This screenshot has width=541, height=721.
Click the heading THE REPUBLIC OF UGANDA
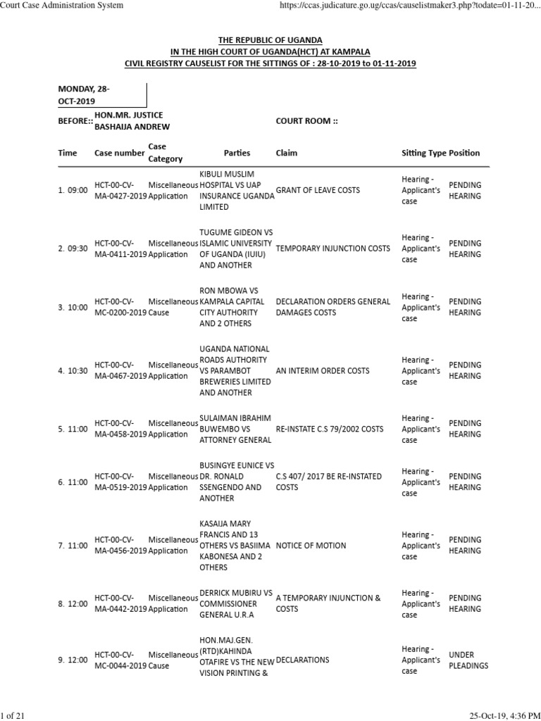pyautogui.click(x=270, y=40)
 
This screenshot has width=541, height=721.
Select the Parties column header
pyautogui.click(x=237, y=153)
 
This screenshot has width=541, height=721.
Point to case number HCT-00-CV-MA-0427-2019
pyautogui.click(x=120, y=191)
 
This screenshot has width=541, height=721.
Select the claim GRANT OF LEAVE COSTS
pyautogui.click(x=318, y=191)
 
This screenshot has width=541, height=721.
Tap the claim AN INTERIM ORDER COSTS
pyautogui.click(x=322, y=370)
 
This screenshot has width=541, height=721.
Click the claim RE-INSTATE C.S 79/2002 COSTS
pyautogui.click(x=334, y=429)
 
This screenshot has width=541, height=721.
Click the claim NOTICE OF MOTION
pyautogui.click(x=311, y=546)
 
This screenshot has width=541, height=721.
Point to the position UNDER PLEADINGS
pyautogui.click(x=468, y=660)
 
